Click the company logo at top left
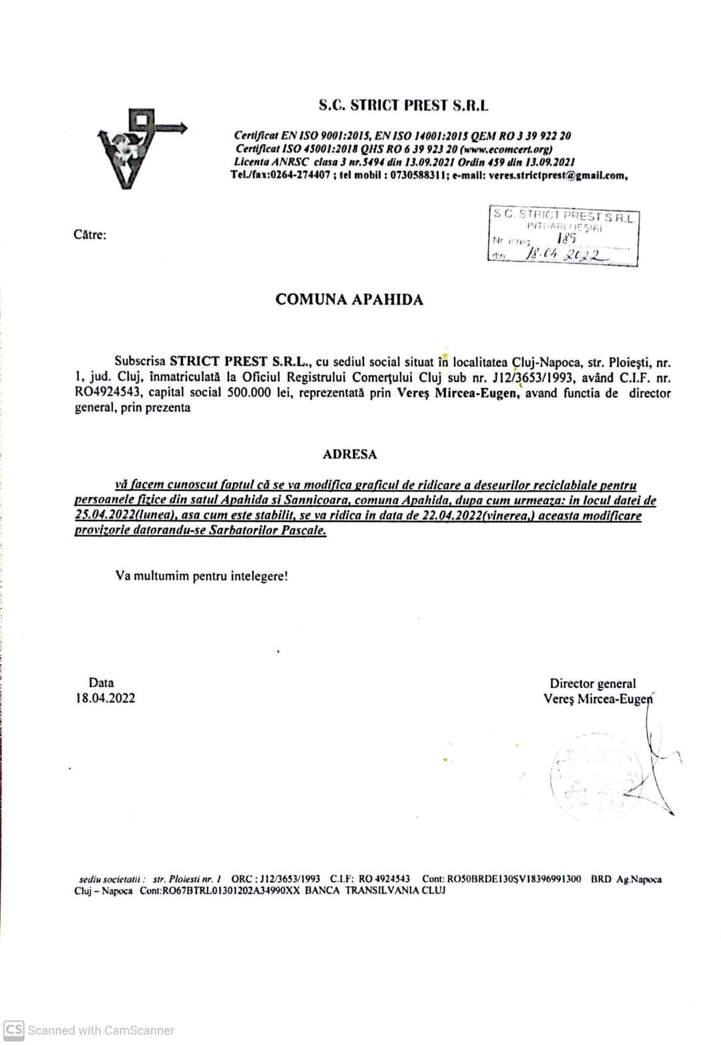click(139, 148)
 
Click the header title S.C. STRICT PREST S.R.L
click(403, 105)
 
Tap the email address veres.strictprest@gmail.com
click(557, 176)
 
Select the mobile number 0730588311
click(419, 176)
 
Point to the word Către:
click(90, 234)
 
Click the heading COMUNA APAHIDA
click(349, 300)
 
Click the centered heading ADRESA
click(350, 454)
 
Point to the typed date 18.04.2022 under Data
click(105, 699)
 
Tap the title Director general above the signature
click(592, 683)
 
